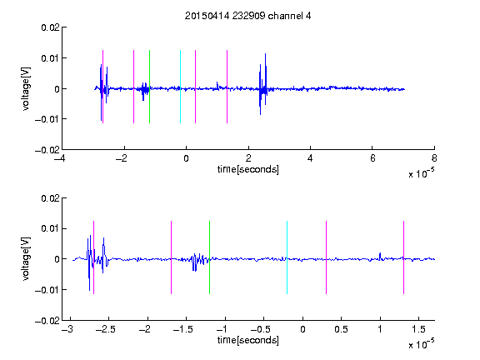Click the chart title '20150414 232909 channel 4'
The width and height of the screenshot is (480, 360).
247,16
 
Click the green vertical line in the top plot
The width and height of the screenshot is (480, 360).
149,87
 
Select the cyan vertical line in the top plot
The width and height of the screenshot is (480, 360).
180,87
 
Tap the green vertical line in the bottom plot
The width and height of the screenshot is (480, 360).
209,257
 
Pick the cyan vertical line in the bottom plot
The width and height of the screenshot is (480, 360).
287,257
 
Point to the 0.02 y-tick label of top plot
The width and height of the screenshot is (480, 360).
51,27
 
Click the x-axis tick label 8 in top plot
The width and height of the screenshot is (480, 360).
434,158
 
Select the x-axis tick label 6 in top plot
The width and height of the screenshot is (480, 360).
372,158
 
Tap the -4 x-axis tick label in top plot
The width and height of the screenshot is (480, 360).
59,158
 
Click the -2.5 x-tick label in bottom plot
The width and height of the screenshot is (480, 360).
105,329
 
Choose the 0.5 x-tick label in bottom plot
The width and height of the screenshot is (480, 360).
342,329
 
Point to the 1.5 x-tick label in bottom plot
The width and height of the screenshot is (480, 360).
418,329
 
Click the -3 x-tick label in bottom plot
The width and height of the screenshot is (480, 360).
67,329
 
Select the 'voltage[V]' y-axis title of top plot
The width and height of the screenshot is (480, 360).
27,89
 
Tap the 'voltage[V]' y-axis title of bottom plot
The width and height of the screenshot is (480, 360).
27,259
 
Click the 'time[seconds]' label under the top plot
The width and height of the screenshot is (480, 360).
248,169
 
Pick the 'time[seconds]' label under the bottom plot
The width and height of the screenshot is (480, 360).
248,340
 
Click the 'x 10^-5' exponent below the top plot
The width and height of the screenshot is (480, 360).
421,173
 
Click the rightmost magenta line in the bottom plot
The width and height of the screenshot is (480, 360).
403,257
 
